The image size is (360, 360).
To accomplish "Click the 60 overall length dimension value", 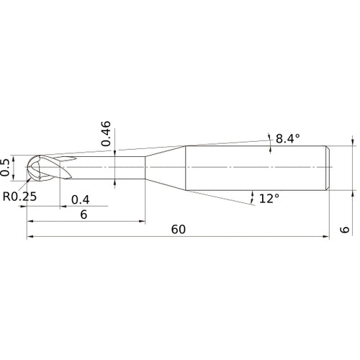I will [179, 230].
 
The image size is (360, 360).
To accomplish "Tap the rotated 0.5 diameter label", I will [6, 167].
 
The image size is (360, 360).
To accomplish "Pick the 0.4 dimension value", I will [81, 199].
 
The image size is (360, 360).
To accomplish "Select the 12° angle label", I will [269, 197].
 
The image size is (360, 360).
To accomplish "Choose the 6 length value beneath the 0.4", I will [84, 215].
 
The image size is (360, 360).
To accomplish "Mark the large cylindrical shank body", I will [256, 168].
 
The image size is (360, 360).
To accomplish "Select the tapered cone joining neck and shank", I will [166, 168].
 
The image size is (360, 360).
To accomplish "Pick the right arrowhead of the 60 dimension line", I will [327, 237].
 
